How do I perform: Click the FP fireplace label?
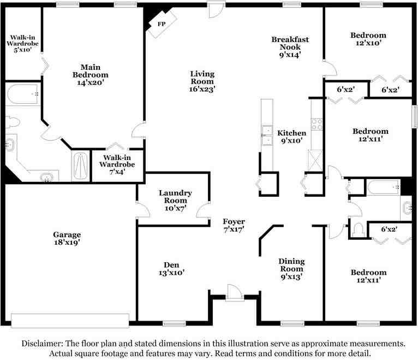click(x=162, y=24)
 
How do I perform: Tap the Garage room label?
click(x=67, y=235)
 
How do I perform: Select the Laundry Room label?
click(x=175, y=197)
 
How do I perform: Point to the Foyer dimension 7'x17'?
click(x=234, y=229)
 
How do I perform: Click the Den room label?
click(x=171, y=265)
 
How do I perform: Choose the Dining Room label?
click(x=291, y=265)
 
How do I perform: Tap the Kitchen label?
click(x=291, y=133)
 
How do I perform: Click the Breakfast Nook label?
click(x=290, y=43)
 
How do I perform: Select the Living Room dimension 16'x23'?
click(x=202, y=89)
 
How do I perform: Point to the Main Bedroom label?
click(x=91, y=71)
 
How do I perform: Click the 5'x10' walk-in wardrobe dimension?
click(x=23, y=50)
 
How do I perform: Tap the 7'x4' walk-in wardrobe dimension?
click(x=117, y=172)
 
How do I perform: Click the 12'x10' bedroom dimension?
click(x=368, y=43)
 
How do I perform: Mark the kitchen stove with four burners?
click(x=317, y=124)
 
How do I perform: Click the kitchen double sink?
click(x=267, y=135)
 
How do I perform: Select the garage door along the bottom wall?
click(x=70, y=321)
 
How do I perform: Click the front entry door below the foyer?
click(x=235, y=293)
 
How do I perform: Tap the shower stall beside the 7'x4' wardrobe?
click(x=81, y=166)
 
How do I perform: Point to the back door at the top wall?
click(x=217, y=10)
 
